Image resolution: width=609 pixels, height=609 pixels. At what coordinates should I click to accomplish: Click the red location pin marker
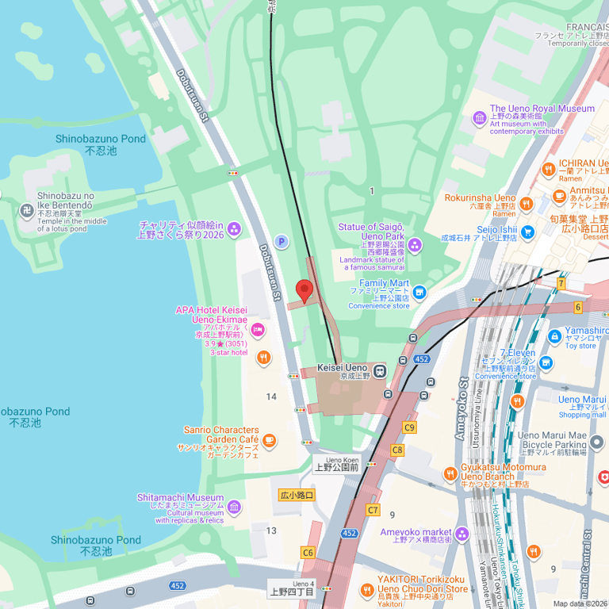[x=304, y=290]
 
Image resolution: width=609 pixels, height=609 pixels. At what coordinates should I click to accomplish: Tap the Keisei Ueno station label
[x=342, y=369]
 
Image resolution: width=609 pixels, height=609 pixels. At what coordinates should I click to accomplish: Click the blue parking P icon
[x=281, y=241]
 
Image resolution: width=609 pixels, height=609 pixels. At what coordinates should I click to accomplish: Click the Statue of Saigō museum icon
[x=416, y=245]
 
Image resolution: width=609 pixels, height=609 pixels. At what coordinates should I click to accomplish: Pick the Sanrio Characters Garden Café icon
[x=270, y=441]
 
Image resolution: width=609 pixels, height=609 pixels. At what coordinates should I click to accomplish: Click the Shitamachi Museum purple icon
[x=234, y=507]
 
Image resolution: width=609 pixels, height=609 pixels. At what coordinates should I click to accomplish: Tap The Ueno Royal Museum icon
[x=480, y=118]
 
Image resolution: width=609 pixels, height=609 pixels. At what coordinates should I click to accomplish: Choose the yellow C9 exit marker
[x=409, y=427]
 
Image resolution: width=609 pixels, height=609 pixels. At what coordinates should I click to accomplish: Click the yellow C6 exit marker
[x=308, y=552]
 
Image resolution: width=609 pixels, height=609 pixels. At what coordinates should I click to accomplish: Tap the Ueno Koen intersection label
[x=337, y=463]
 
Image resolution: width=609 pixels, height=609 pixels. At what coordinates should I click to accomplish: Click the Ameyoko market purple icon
[x=462, y=534]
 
